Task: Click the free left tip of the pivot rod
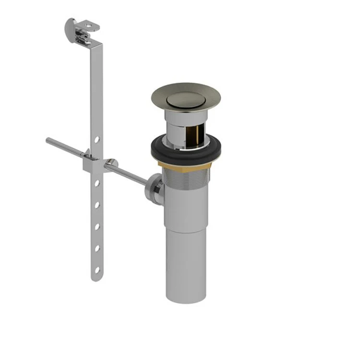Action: (x=48, y=140)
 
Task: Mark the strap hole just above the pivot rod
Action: (x=97, y=139)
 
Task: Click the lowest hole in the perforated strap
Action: (x=97, y=270)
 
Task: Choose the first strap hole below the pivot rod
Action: (x=97, y=183)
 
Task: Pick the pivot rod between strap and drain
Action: (x=130, y=174)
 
